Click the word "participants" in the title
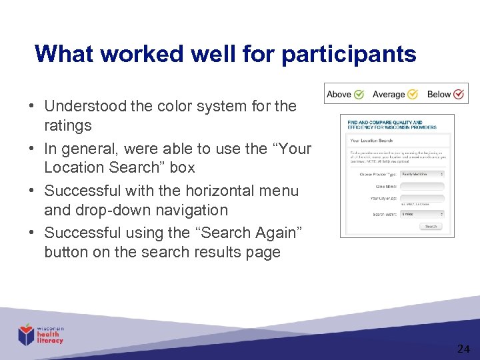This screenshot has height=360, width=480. tap(349, 54)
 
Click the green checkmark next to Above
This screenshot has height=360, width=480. tap(359, 94)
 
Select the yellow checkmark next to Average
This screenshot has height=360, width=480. tap(413, 94)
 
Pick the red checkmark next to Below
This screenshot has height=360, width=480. tap(459, 94)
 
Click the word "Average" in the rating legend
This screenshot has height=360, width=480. tap(389, 94)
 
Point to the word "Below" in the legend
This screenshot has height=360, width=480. tap(439, 94)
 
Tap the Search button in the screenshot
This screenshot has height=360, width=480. tap(431, 227)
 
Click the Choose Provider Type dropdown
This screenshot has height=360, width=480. tap(422, 174)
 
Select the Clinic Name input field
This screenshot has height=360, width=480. tap(422, 187)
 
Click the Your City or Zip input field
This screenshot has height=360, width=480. tap(422, 199)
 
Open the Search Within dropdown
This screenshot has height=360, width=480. tap(422, 214)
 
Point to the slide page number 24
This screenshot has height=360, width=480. tap(463, 349)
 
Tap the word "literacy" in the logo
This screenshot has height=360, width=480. tap(51, 341)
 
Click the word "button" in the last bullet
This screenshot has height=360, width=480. tap(64, 252)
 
